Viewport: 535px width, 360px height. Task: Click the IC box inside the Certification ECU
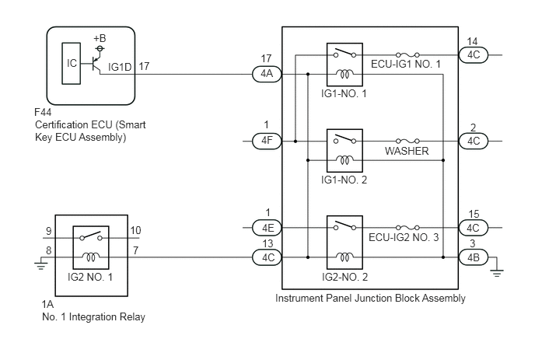pos(72,64)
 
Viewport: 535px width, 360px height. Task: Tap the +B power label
pos(100,38)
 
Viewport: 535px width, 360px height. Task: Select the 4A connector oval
pos(267,74)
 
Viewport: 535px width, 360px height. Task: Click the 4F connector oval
pos(267,141)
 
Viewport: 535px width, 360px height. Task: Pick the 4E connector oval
pos(267,228)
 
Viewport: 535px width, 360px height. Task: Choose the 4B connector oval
pos(474,257)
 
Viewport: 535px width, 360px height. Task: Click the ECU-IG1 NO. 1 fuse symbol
pos(407,54)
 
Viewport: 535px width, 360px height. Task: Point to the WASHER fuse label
pos(407,151)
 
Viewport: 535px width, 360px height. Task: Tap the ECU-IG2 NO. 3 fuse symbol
pos(407,227)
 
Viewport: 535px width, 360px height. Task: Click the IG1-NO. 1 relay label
pos(344,93)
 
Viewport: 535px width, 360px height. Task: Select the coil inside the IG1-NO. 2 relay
pos(344,159)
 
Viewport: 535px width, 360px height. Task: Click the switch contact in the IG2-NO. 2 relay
pos(344,225)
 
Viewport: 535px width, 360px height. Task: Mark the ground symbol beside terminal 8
pos(41,265)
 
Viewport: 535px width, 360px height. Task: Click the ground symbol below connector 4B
pos(496,272)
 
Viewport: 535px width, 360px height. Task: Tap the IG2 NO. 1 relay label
pos(90,277)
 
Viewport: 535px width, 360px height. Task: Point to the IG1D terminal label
pos(120,67)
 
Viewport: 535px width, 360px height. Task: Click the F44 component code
pos(44,112)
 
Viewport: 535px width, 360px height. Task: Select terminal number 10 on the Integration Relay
pos(135,231)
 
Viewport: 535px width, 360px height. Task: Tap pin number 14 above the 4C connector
pos(472,42)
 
